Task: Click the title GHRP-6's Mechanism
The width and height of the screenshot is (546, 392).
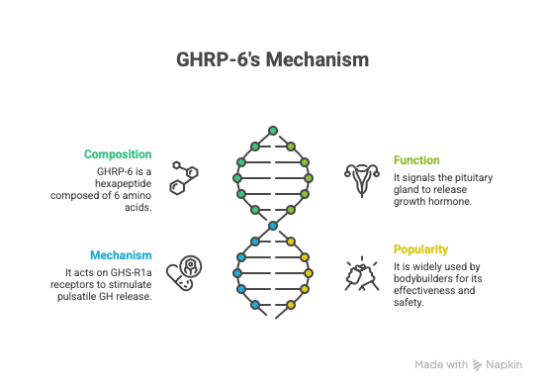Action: click(x=272, y=59)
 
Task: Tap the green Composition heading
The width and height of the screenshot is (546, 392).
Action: click(x=118, y=154)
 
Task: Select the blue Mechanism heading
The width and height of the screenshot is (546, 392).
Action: click(x=121, y=254)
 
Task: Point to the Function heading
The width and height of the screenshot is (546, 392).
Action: click(x=416, y=159)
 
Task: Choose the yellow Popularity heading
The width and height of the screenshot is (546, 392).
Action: click(x=420, y=248)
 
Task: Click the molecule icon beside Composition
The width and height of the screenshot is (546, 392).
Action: click(x=184, y=177)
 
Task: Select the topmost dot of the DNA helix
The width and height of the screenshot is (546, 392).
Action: click(x=273, y=130)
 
